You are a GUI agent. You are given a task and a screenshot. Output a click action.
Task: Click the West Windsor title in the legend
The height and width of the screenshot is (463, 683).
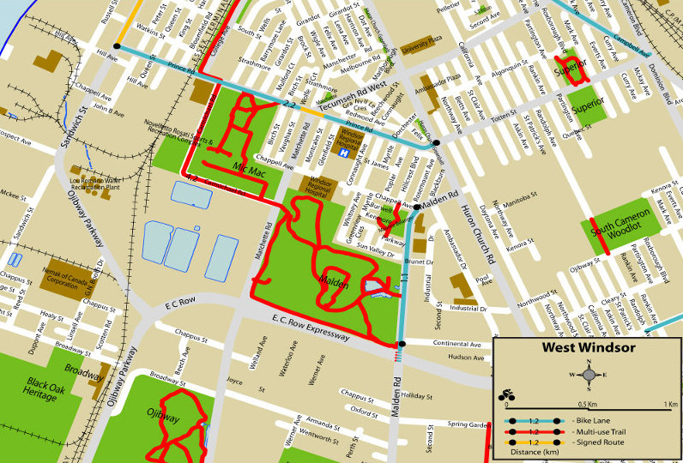[x=588, y=348]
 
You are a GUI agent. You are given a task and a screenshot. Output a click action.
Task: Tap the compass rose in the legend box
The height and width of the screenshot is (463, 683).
[x=588, y=374]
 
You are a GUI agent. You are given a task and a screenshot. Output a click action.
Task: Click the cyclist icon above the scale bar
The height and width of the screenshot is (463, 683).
[x=507, y=396]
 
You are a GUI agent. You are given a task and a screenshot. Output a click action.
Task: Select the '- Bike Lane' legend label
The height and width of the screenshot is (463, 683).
[x=596, y=421]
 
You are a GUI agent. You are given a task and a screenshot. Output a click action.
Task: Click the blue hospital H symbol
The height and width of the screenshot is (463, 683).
[x=343, y=153]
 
